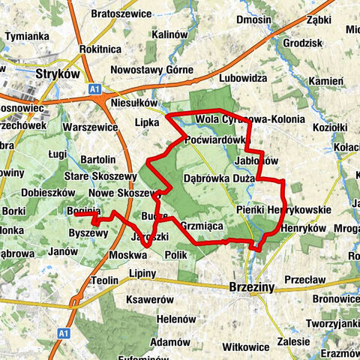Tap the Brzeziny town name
point(252,287)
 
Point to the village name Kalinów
point(169,34)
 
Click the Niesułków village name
point(135,103)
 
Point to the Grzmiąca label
point(199,224)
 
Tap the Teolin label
point(106,280)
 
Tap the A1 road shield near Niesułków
point(95,89)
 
